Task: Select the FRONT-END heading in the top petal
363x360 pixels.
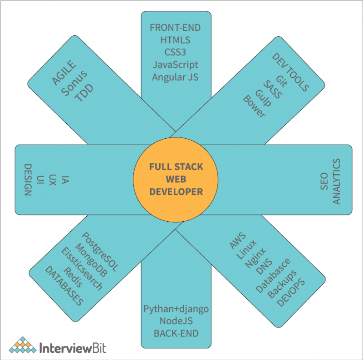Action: [175, 28]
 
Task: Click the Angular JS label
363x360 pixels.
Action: [175, 77]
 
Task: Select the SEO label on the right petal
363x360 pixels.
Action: [324, 180]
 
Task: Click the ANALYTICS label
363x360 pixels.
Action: [336, 181]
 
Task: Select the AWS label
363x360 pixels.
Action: [237, 241]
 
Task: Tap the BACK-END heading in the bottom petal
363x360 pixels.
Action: [176, 333]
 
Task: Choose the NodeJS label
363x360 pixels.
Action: [176, 321]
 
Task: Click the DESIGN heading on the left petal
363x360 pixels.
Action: [27, 180]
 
